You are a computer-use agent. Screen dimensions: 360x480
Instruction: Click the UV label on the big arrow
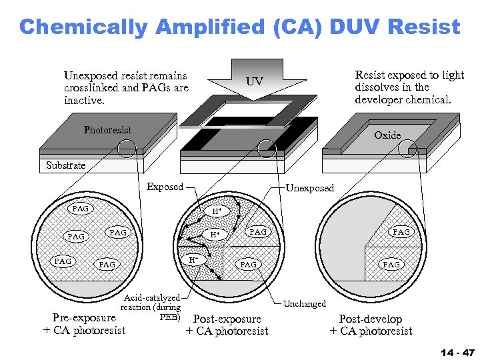pos(254,82)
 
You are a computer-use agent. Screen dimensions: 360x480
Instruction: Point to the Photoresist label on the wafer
pos(107,130)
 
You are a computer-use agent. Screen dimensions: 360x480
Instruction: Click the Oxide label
pos(387,135)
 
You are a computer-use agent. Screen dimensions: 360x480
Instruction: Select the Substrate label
pos(66,165)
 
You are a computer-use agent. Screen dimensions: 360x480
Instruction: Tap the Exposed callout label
pos(165,187)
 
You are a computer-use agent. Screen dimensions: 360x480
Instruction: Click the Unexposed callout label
pos(310,188)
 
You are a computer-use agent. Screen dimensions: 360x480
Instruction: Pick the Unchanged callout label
pos(305,303)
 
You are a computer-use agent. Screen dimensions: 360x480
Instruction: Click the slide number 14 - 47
pos(457,351)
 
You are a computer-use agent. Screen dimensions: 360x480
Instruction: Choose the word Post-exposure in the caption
pos(227,319)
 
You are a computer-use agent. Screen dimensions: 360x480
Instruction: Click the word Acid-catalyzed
pos(153,298)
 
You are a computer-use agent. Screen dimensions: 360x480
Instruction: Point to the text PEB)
pos(171,316)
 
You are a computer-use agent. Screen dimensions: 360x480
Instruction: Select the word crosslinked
pos(89,88)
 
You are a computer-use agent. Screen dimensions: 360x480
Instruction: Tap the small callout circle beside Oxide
pos(407,148)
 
